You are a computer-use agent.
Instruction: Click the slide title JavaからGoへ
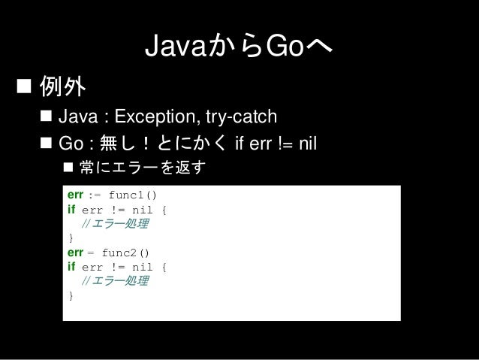click(239, 46)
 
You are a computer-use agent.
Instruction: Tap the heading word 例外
click(62, 86)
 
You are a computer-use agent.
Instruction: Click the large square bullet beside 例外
click(24, 86)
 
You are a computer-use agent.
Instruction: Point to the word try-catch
click(241, 116)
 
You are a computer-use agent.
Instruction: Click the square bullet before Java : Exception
click(46, 116)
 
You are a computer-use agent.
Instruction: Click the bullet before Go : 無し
click(46, 143)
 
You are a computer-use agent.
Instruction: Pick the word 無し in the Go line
click(117, 143)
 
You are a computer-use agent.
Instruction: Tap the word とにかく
click(192, 143)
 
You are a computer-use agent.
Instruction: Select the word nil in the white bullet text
click(308, 143)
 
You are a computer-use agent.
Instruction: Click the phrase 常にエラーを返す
click(143, 168)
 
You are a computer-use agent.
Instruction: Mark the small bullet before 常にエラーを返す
click(68, 167)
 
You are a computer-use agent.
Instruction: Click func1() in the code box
click(133, 195)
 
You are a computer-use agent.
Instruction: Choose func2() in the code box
click(125, 253)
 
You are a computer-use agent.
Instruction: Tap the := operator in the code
click(95, 195)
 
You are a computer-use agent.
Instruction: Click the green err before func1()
click(75, 195)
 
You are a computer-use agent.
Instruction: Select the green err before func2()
click(75, 253)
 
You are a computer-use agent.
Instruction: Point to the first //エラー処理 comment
click(115, 223)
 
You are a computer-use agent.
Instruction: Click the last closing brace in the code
click(71, 295)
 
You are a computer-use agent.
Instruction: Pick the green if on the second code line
click(71, 210)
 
